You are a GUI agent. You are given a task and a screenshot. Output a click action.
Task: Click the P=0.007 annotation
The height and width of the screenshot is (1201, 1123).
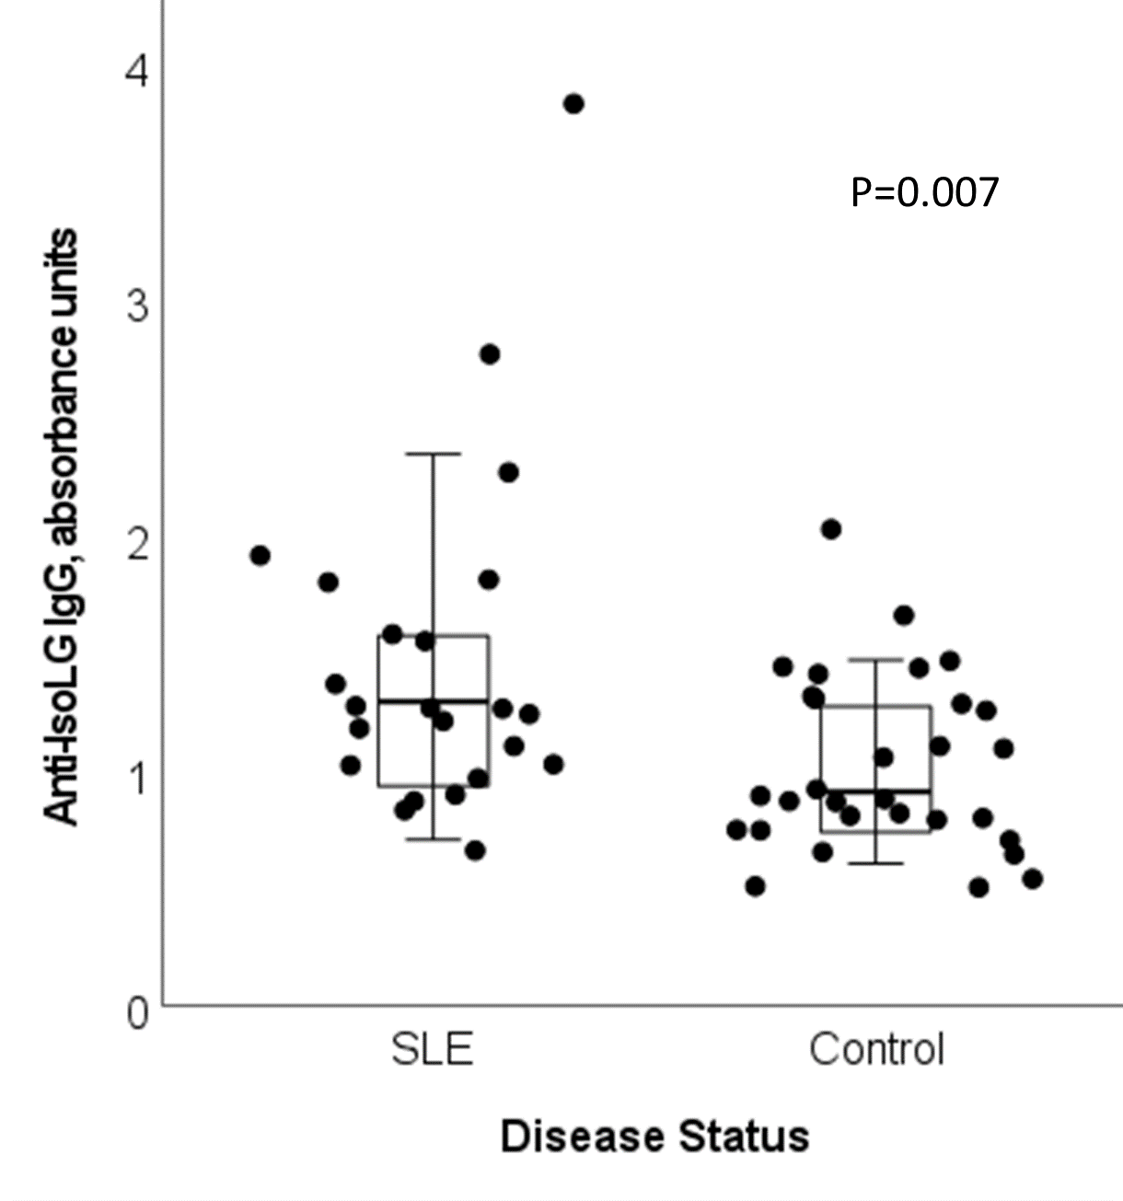click(x=924, y=192)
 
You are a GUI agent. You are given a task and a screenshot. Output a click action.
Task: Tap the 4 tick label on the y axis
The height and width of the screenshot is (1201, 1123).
click(x=137, y=71)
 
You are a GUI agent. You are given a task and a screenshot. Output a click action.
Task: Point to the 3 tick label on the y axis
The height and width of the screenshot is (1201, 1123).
click(x=137, y=306)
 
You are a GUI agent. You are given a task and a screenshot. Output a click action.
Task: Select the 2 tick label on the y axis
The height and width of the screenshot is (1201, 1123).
click(x=137, y=543)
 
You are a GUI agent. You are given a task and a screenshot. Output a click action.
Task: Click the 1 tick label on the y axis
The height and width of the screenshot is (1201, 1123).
click(x=137, y=779)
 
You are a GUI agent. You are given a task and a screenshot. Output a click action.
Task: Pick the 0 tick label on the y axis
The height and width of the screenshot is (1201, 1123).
click(x=137, y=1013)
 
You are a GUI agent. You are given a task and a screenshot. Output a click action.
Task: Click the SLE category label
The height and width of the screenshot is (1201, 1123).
click(x=433, y=1049)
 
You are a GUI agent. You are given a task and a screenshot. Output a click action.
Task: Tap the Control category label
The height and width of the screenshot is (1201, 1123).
click(x=876, y=1049)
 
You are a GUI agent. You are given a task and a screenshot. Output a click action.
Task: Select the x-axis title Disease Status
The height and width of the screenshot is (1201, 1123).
click(x=654, y=1137)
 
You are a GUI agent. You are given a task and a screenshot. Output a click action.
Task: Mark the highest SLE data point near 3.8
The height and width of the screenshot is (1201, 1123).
click(x=573, y=104)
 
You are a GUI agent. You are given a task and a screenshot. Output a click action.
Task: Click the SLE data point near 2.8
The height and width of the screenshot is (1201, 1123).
click(x=490, y=354)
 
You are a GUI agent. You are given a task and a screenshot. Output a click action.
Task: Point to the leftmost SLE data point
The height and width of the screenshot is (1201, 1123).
click(x=260, y=555)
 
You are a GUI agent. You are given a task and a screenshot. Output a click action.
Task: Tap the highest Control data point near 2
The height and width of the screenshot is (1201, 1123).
click(x=831, y=529)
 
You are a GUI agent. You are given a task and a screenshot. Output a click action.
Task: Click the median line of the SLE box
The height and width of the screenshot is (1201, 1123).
click(x=433, y=701)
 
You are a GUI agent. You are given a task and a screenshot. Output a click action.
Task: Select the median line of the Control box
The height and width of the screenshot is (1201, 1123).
click(x=876, y=791)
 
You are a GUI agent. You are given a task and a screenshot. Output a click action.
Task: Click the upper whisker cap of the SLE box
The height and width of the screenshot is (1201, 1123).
click(x=433, y=454)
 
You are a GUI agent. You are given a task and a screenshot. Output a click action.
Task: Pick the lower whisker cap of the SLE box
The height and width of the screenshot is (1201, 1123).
click(x=433, y=839)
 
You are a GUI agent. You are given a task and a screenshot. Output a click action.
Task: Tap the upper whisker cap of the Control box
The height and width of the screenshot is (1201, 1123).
click(x=876, y=660)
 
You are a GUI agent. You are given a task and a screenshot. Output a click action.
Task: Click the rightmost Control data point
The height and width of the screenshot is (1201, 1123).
click(x=1033, y=879)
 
